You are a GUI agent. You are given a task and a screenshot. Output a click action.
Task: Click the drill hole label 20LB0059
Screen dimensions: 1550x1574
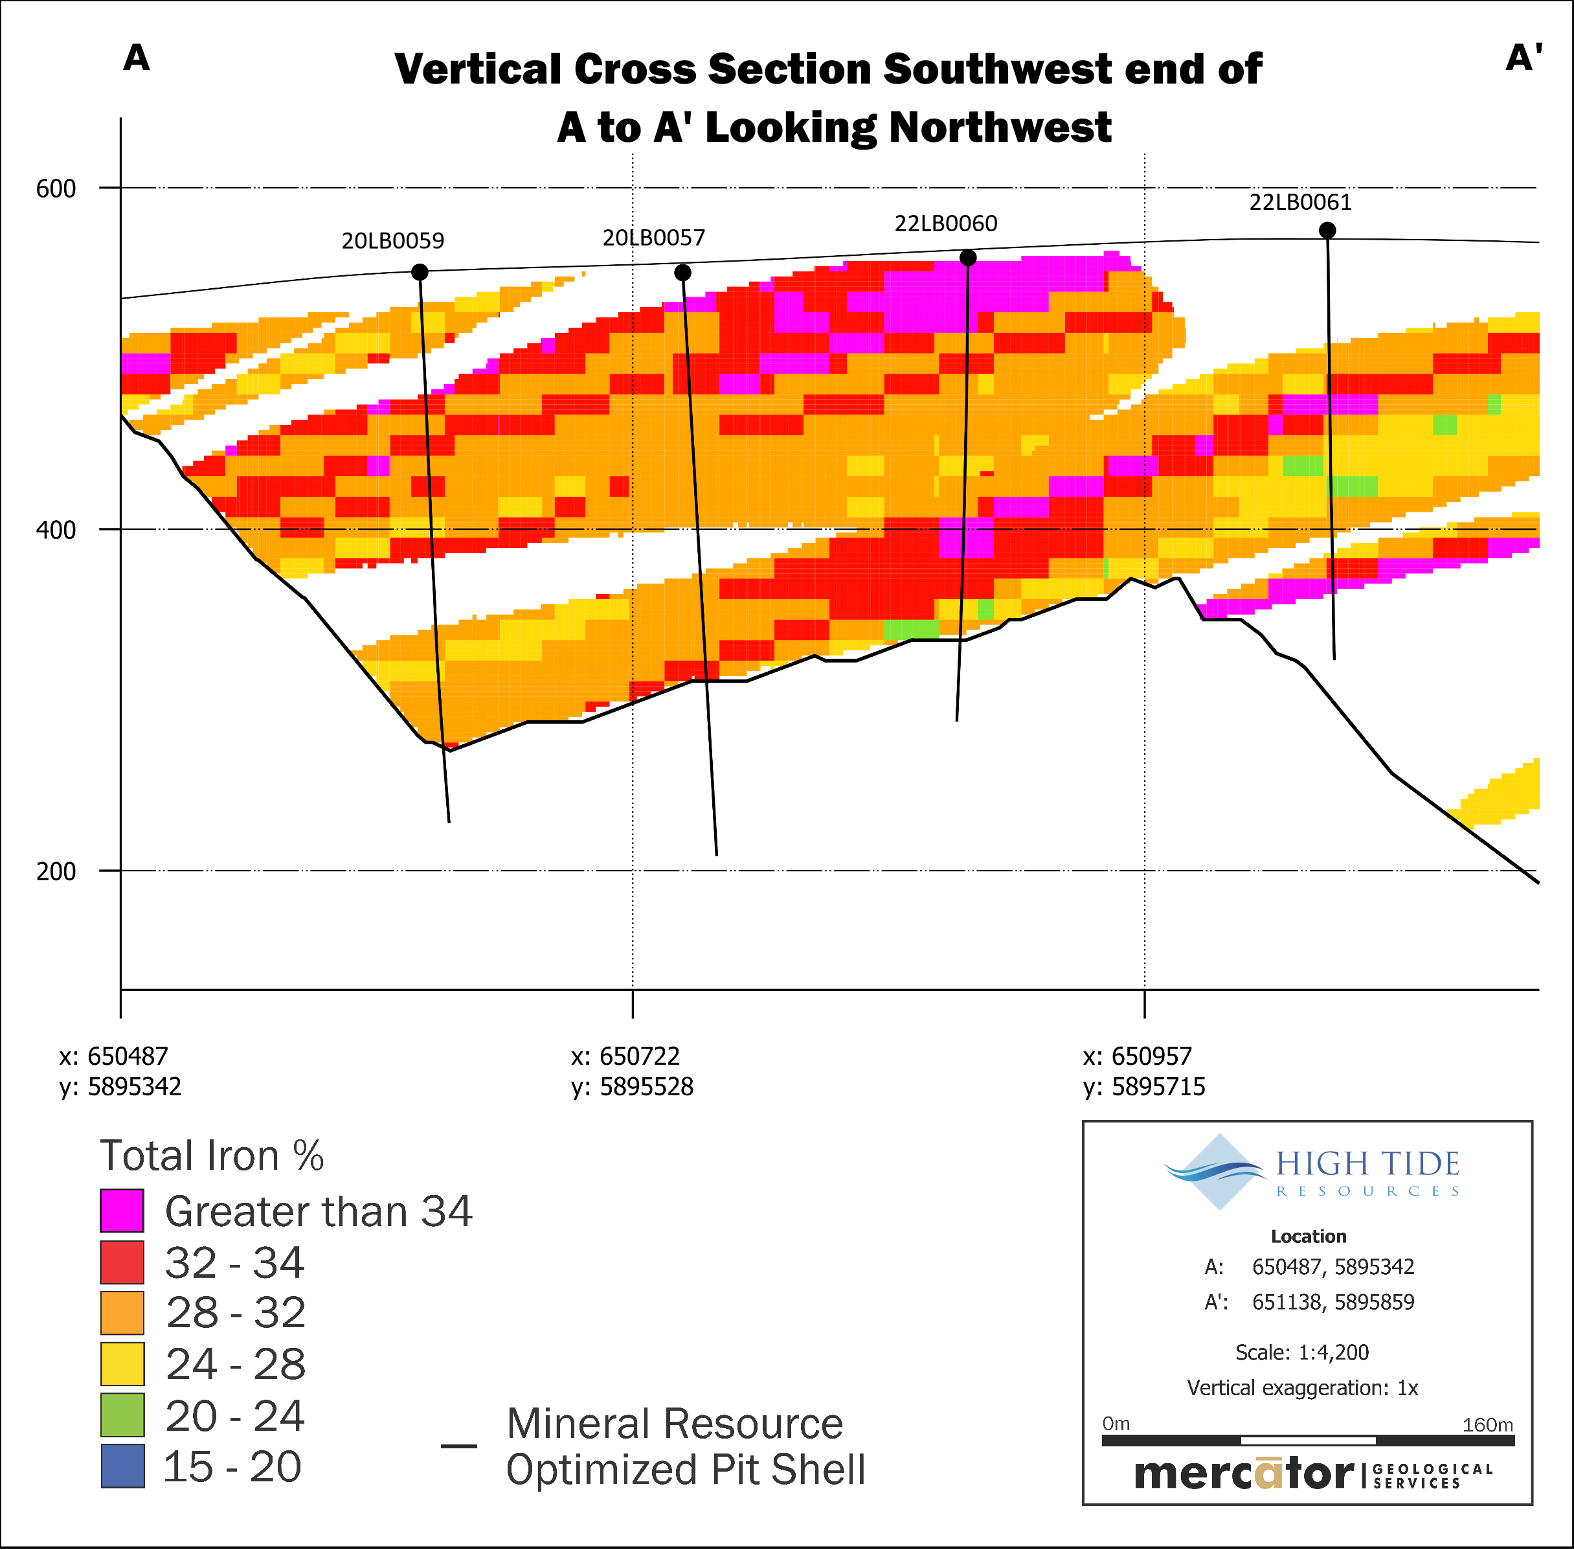click(392, 241)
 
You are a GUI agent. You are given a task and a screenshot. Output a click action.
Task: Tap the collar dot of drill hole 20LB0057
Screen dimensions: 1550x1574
click(683, 273)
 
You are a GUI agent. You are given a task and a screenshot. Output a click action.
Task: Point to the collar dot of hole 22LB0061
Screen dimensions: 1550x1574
click(1327, 231)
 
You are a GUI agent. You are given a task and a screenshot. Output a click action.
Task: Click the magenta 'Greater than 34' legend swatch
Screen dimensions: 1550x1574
click(122, 1211)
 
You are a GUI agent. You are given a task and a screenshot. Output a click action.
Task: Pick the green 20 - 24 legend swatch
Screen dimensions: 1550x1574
click(122, 1415)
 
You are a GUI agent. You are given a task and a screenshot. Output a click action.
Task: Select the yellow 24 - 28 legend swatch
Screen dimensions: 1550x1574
click(122, 1363)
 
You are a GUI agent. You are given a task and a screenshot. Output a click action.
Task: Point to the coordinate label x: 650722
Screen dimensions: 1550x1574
click(625, 1056)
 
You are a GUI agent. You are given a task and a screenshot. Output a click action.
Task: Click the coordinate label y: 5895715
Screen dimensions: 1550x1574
click(1144, 1087)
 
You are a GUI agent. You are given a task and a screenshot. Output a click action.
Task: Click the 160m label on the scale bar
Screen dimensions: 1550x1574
click(1487, 1424)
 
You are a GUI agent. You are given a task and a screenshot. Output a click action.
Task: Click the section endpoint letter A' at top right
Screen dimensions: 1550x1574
click(1523, 58)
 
